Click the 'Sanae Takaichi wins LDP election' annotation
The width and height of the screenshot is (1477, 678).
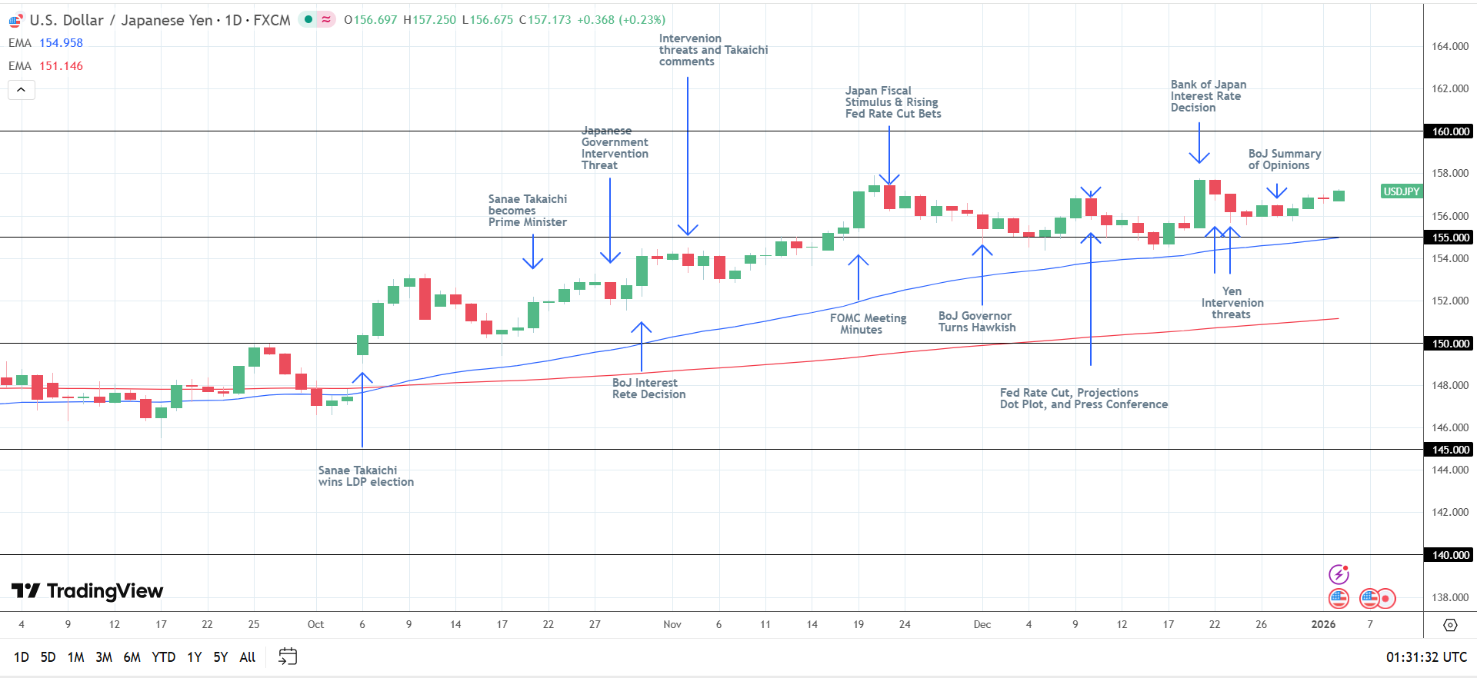coord(365,476)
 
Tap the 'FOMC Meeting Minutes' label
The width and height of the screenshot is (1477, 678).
coord(868,324)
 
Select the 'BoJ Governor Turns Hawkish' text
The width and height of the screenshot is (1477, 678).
coord(976,321)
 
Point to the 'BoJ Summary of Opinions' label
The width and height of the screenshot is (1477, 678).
coord(1284,159)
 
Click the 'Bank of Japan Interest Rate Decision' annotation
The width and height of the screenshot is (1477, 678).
coord(1208,96)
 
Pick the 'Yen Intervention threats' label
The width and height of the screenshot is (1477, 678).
coord(1232,303)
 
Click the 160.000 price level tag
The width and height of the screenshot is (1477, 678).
coord(1450,131)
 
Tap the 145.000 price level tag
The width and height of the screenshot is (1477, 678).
coord(1450,450)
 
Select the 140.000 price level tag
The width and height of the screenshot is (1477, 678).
coord(1450,555)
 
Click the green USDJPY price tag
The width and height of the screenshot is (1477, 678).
coord(1401,191)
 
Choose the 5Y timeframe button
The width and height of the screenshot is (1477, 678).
coord(221,657)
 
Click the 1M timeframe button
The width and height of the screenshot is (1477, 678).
coord(75,657)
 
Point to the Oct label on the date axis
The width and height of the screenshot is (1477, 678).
coord(315,624)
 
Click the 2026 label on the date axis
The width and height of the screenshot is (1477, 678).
coord(1323,624)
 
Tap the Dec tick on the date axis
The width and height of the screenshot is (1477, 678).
coord(982,624)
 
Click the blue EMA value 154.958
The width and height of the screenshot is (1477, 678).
coord(61,43)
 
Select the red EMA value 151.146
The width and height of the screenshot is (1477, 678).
coord(61,66)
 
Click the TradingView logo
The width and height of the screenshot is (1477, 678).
coord(88,591)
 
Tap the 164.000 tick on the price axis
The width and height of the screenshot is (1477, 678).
coord(1449,46)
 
